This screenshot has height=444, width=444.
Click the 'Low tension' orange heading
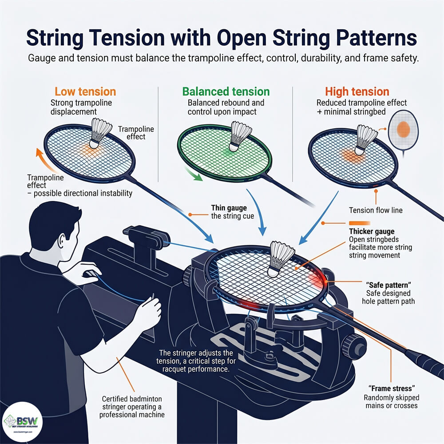[x=85, y=92]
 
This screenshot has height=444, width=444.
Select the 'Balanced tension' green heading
[x=226, y=92]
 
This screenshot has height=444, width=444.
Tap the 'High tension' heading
[x=357, y=92]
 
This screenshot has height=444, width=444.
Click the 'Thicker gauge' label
[x=371, y=231]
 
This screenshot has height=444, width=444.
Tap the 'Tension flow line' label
[x=375, y=210]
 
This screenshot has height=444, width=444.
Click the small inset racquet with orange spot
[x=403, y=129]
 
